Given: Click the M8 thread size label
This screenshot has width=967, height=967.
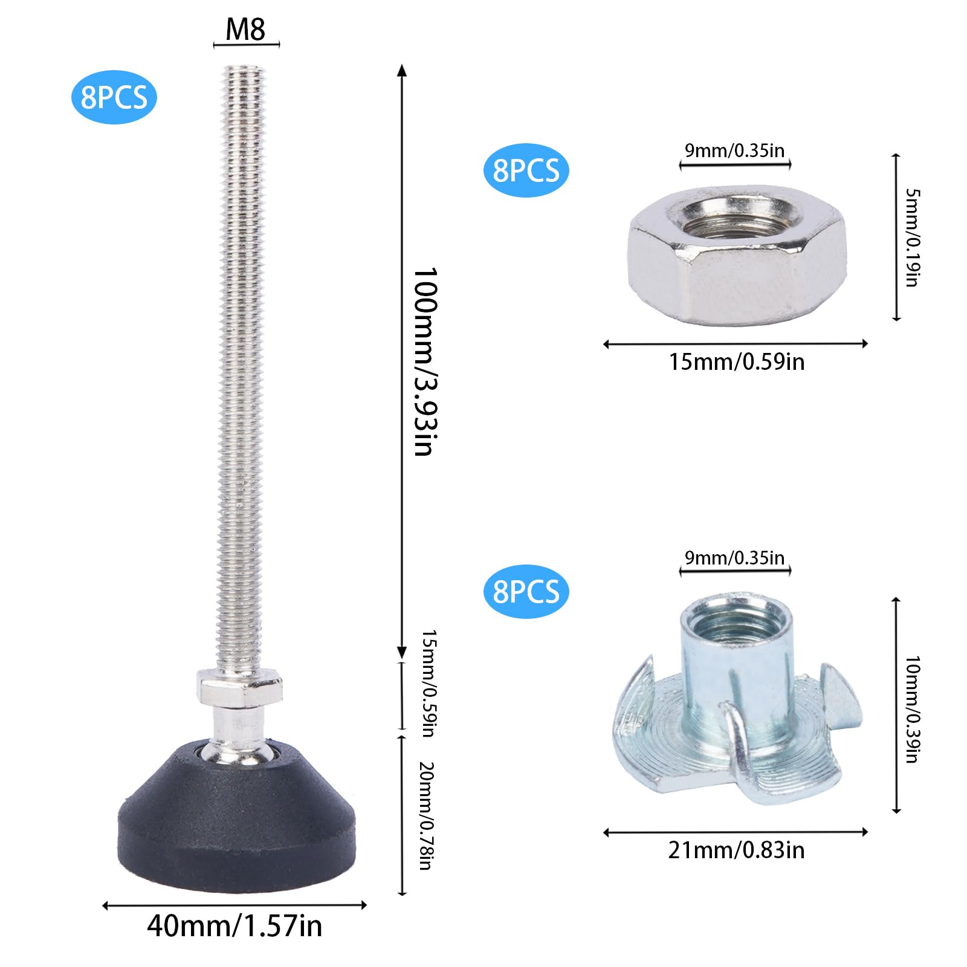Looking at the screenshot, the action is [x=245, y=29].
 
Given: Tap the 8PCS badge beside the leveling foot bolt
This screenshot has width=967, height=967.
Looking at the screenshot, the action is [x=114, y=97].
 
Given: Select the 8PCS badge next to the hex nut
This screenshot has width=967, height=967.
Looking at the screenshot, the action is [x=526, y=170].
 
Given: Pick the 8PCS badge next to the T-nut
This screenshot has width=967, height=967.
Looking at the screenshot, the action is [x=526, y=592].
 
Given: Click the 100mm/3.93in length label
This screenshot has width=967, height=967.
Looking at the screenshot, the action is [x=425, y=361].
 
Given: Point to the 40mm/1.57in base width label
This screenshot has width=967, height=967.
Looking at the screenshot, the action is [x=234, y=926].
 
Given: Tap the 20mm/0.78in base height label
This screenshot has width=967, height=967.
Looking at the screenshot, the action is [x=427, y=816].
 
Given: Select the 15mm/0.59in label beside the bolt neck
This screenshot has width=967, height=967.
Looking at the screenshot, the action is [x=429, y=683].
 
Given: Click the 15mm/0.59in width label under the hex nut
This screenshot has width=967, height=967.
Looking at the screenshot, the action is [x=736, y=361].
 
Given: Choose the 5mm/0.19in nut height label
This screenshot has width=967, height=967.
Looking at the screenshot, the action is [x=912, y=238].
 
